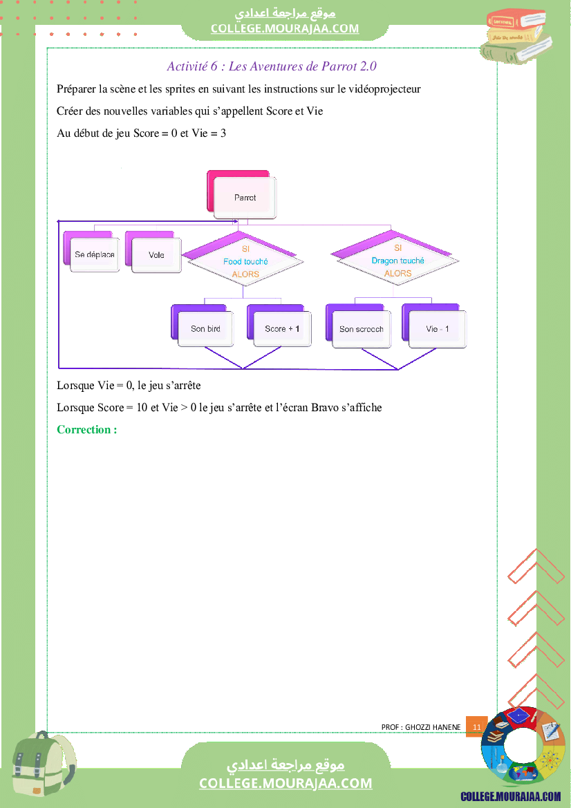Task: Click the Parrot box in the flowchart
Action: tap(242, 195)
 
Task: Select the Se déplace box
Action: tap(92, 252)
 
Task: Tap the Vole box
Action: tap(153, 252)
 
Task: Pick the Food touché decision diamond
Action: tap(243, 259)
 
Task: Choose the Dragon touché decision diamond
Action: tap(395, 258)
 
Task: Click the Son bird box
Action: tap(203, 326)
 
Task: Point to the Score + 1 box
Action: tap(279, 326)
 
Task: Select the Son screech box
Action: tap(359, 326)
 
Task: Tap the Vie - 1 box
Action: tap(434, 326)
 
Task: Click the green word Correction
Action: tap(87, 430)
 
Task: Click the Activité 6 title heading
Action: tap(272, 66)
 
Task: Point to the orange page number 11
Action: tap(477, 726)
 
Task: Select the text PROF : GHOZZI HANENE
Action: tap(421, 727)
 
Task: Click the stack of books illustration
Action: tap(515, 36)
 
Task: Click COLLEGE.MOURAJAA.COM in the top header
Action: tap(285, 28)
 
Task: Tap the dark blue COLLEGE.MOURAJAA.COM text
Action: tap(511, 797)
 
